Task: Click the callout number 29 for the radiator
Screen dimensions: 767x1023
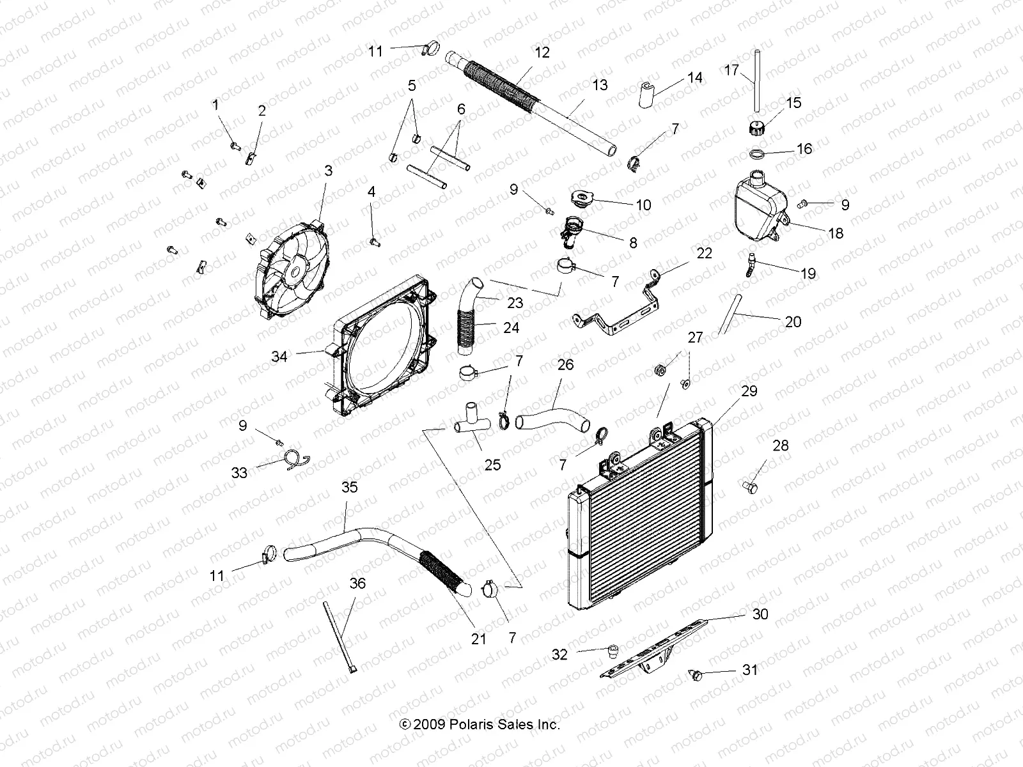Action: (749, 391)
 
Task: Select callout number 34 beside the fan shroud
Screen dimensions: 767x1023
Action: (279, 357)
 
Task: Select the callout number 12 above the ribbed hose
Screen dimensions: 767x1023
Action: (542, 52)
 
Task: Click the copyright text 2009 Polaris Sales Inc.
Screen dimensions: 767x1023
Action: (480, 725)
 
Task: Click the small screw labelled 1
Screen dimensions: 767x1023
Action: (235, 145)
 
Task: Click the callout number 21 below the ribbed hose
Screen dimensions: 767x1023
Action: (479, 639)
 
